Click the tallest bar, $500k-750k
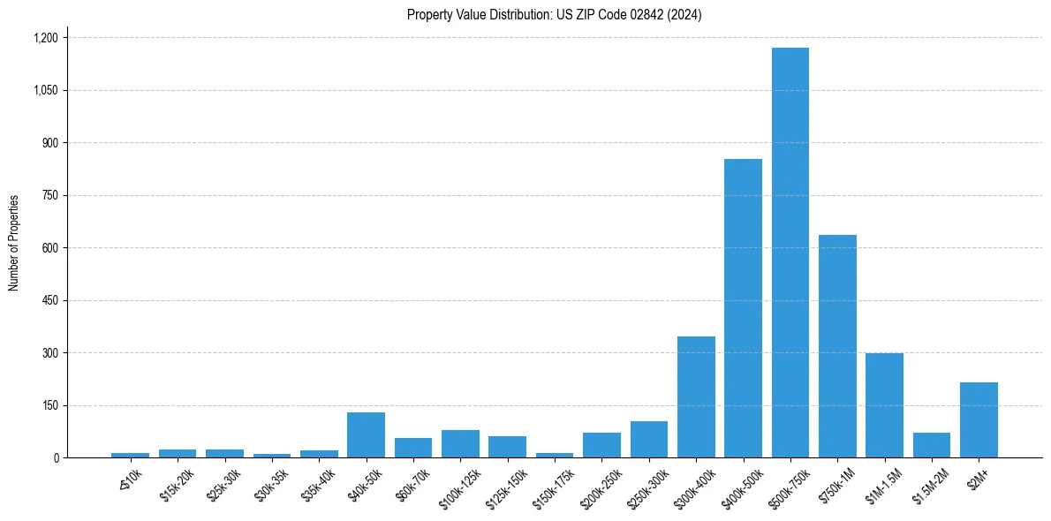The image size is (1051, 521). coord(790,253)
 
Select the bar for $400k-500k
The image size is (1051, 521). coord(743,308)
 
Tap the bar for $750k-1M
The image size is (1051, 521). coord(837,346)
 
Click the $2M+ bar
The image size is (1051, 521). coord(979,420)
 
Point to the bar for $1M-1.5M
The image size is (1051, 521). coord(884,405)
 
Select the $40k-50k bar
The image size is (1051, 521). coord(366,435)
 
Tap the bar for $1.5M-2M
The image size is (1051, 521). coord(932,445)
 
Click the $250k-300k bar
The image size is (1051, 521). coord(648,440)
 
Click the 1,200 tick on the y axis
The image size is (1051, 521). coord(45,38)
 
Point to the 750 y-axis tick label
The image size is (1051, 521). coord(49,195)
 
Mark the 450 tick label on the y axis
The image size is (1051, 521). coord(49,300)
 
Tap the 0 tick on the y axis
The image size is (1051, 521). coord(56,458)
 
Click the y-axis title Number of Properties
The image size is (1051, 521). coord(14,242)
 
